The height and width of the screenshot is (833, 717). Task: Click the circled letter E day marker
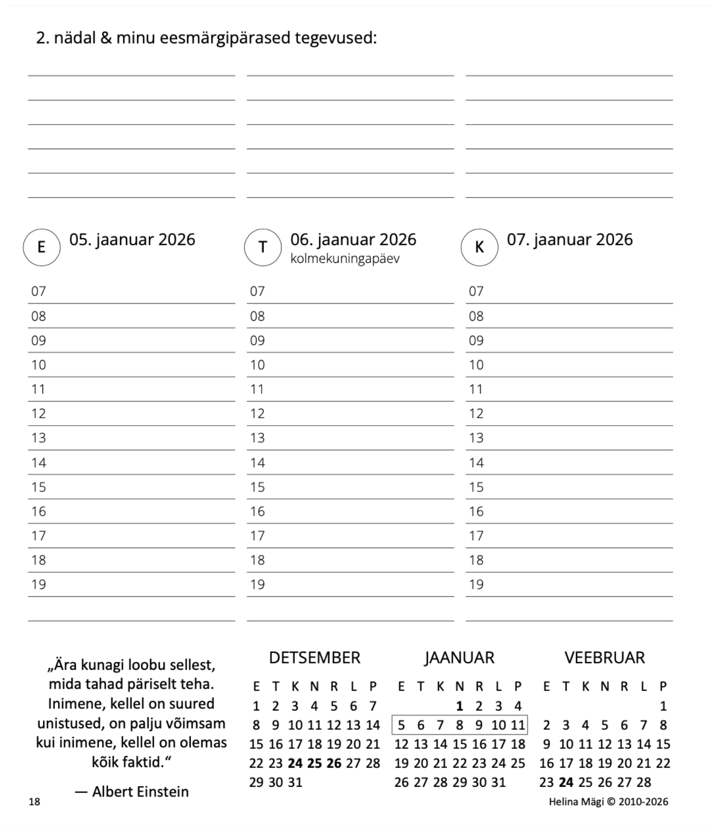(x=41, y=247)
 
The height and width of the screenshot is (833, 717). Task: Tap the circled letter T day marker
(x=262, y=247)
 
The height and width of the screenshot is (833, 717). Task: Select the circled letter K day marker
(x=479, y=247)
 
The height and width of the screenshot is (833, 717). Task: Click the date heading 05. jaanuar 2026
(x=132, y=239)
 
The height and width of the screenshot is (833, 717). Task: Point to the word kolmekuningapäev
(x=345, y=259)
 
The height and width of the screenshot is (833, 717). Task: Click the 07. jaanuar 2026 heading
(x=569, y=239)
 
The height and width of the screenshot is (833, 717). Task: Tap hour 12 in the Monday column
(x=39, y=414)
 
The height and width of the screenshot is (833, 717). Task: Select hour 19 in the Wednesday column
(x=476, y=584)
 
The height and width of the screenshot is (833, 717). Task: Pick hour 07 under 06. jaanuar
(x=257, y=291)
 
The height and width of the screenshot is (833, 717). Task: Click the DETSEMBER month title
(x=314, y=658)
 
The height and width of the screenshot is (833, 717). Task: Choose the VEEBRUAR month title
(x=604, y=658)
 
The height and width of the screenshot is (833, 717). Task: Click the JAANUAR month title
(x=459, y=658)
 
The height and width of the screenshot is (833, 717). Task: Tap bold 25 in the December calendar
(x=314, y=763)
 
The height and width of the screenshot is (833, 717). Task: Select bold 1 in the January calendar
(x=459, y=706)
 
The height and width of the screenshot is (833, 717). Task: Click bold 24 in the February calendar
(x=566, y=783)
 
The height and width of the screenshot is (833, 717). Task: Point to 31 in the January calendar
(x=498, y=783)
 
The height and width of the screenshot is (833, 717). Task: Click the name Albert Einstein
(x=140, y=792)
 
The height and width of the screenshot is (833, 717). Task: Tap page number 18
(x=35, y=802)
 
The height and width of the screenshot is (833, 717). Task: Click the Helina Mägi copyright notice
(x=608, y=802)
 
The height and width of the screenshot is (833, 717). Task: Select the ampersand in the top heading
(x=106, y=38)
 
